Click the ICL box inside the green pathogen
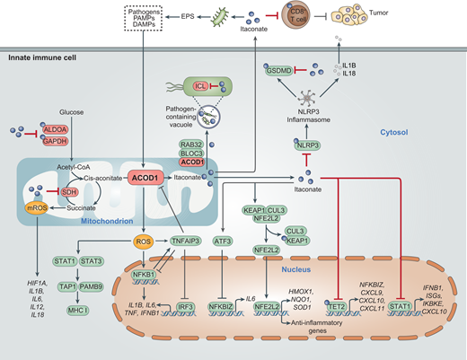(205, 86)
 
